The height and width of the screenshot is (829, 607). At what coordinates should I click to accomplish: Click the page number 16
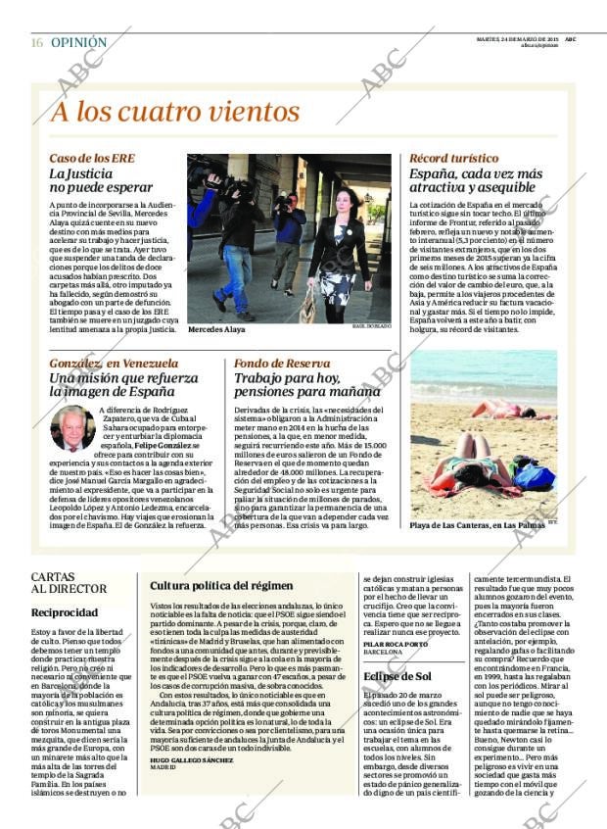(36, 43)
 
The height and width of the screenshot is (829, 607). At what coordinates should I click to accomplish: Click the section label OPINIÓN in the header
(78, 43)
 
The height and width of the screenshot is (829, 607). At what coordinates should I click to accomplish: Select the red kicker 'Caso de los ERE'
(92, 158)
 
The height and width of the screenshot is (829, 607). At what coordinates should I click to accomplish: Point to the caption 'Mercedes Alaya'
(216, 330)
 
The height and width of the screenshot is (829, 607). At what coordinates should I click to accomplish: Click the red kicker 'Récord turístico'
(453, 158)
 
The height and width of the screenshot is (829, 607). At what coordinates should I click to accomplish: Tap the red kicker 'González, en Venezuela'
(114, 363)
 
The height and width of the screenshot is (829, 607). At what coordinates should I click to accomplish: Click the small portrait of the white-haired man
(71, 427)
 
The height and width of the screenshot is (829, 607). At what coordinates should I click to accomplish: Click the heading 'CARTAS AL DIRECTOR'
(69, 582)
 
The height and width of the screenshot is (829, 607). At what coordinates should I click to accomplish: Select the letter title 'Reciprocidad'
(64, 611)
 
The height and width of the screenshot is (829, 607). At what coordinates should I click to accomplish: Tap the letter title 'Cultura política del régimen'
(221, 586)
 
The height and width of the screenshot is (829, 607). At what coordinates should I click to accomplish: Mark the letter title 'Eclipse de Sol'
(397, 676)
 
